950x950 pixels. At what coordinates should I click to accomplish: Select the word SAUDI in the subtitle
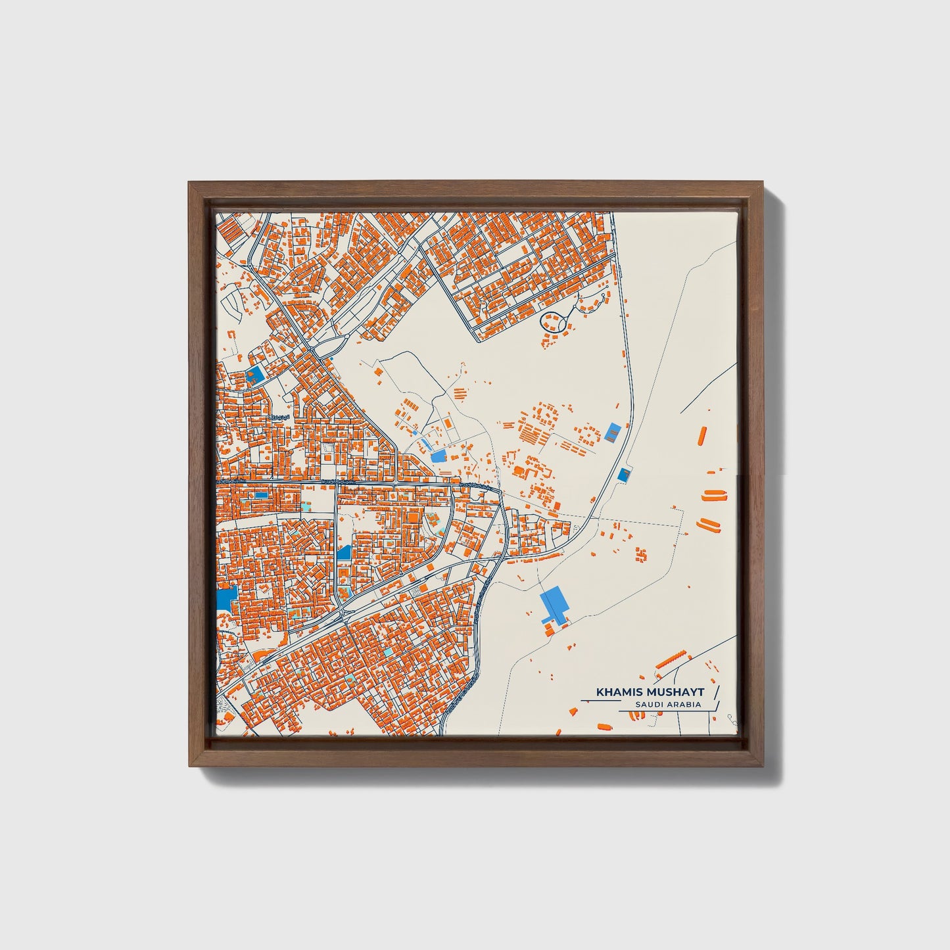pyautogui.click(x=648, y=705)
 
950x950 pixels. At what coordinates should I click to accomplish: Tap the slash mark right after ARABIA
pyautogui.click(x=717, y=705)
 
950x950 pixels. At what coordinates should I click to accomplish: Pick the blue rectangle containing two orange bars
pyautogui.click(x=613, y=433)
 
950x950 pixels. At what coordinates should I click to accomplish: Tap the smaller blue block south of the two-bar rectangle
pyautogui.click(x=623, y=474)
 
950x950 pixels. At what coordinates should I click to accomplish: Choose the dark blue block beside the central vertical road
pyautogui.click(x=343, y=553)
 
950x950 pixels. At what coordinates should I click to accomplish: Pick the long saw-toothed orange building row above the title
pyautogui.click(x=671, y=659)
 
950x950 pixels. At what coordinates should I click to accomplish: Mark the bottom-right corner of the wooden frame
pyautogui.click(x=762, y=766)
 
